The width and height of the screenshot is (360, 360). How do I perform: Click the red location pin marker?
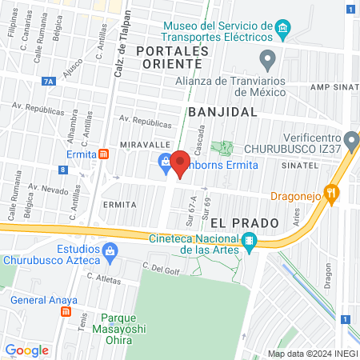point(181,164)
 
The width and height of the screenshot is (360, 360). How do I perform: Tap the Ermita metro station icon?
point(103,154)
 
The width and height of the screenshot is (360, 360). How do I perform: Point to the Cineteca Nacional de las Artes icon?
point(250,241)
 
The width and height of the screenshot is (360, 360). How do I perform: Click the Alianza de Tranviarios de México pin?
point(268,58)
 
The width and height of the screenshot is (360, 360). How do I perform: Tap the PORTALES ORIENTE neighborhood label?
point(172,58)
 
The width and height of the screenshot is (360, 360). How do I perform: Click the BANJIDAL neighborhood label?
point(222,113)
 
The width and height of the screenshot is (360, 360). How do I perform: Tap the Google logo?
point(26,350)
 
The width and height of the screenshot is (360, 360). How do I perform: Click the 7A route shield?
point(50,81)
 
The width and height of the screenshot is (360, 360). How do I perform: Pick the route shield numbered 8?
point(62,170)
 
